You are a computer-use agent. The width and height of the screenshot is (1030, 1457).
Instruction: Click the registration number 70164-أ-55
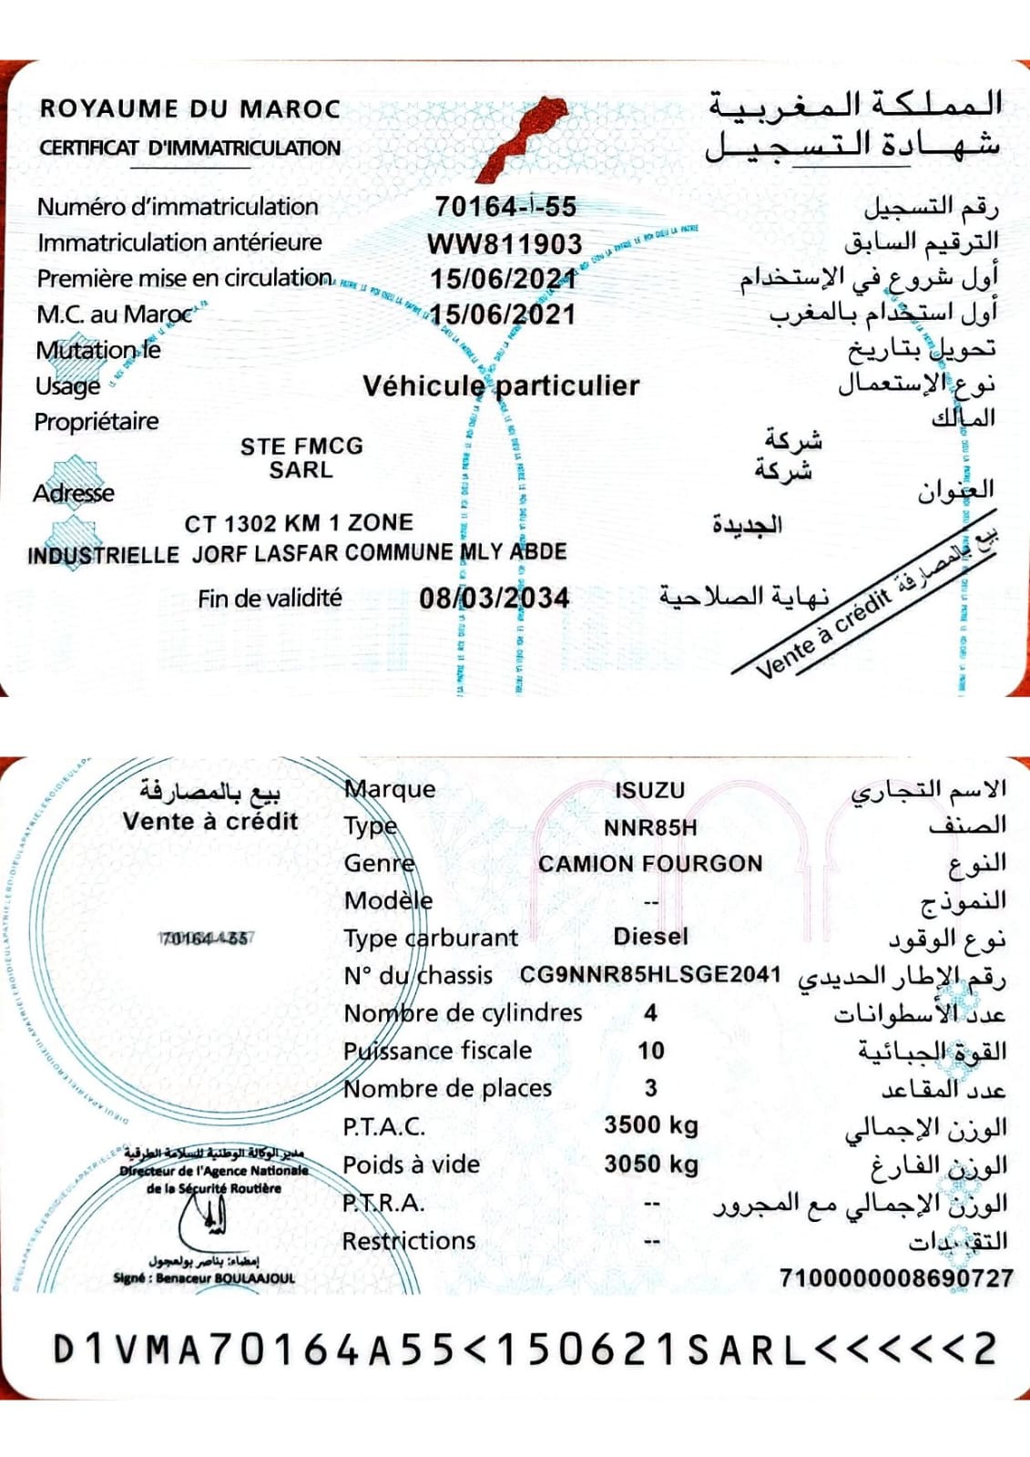[505, 207]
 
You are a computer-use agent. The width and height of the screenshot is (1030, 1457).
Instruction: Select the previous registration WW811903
[505, 243]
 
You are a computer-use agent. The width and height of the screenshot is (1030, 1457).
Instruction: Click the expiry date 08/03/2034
[494, 598]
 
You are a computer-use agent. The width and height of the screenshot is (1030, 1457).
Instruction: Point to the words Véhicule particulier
[501, 385]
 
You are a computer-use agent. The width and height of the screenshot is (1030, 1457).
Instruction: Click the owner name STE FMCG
[301, 446]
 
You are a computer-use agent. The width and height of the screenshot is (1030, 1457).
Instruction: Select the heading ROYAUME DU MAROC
[189, 108]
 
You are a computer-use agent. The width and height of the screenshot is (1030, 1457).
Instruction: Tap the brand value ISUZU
[649, 790]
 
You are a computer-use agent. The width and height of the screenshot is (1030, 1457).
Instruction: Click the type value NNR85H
[649, 827]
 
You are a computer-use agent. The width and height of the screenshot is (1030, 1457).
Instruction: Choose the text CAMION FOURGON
[649, 864]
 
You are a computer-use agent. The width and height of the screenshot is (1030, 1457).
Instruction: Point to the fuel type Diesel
[650, 936]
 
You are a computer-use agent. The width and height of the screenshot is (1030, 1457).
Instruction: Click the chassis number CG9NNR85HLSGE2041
[649, 974]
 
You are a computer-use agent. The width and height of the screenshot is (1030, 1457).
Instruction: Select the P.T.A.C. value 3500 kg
[650, 1124]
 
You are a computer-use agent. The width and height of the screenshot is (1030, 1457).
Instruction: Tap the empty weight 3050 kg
[650, 1164]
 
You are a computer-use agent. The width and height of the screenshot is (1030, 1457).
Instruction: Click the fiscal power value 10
[650, 1051]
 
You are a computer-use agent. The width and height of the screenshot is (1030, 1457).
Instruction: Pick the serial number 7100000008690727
[895, 1278]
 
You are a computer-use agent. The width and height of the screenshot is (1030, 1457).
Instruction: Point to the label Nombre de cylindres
[463, 1012]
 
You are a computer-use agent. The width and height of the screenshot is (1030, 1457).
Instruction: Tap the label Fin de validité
[270, 598]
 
